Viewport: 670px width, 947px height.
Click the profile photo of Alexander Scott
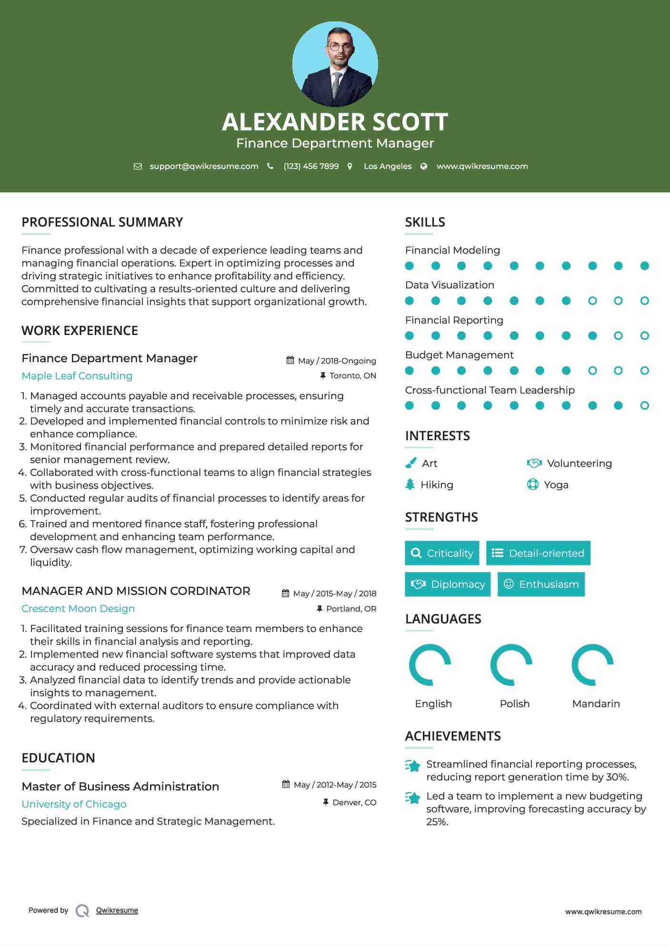click(335, 64)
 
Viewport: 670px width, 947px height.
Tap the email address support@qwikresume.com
click(204, 166)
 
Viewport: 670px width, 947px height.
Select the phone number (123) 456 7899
click(311, 166)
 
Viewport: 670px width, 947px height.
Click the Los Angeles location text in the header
click(388, 166)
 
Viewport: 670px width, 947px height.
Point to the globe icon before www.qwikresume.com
click(424, 166)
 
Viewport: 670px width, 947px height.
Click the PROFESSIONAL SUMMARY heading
click(102, 222)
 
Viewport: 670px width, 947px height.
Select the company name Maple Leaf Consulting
click(77, 376)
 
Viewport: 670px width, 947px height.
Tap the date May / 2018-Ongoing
click(337, 361)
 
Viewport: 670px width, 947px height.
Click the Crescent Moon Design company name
click(78, 609)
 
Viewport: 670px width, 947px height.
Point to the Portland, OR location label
click(351, 609)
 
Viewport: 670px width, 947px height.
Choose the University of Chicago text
click(74, 804)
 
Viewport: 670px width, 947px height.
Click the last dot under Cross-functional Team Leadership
click(644, 405)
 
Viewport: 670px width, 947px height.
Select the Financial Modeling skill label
click(452, 250)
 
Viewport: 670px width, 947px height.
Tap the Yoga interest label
click(556, 485)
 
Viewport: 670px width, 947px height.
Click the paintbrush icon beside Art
click(410, 463)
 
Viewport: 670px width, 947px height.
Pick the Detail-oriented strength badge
click(538, 553)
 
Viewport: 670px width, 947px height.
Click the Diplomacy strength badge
click(448, 584)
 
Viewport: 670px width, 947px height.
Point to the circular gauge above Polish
click(511, 665)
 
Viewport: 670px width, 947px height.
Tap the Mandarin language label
click(596, 704)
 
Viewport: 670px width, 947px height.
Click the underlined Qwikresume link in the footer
click(117, 910)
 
